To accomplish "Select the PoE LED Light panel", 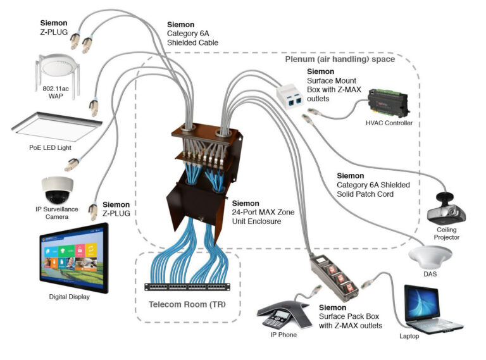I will click(56, 127).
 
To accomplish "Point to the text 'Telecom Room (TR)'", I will click(187, 304).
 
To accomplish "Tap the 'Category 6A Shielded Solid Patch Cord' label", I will click(373, 185).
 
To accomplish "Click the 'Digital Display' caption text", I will click(70, 296).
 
